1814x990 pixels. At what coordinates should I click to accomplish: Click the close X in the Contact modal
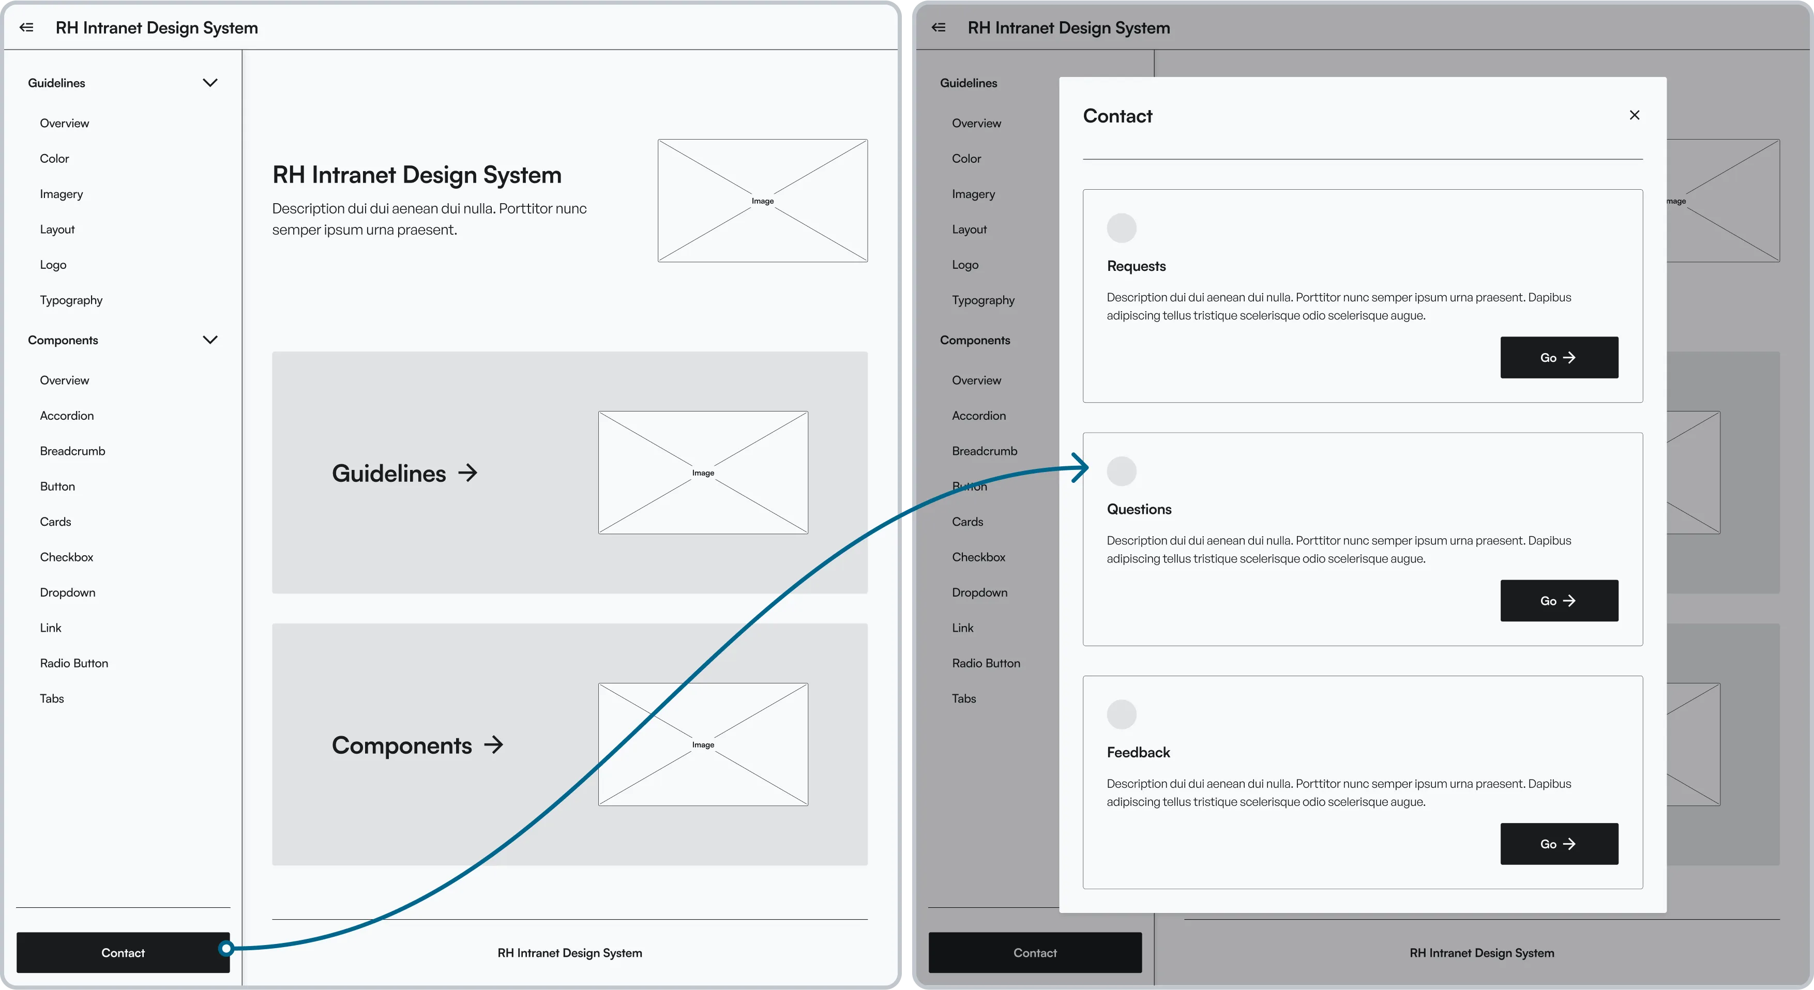click(x=1635, y=115)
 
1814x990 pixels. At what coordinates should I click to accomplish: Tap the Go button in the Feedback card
click(x=1559, y=844)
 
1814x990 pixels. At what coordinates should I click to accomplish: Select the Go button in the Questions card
click(x=1559, y=601)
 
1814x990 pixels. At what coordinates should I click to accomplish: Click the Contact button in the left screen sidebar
click(x=123, y=953)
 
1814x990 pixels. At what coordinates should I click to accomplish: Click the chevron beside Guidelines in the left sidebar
click(x=210, y=82)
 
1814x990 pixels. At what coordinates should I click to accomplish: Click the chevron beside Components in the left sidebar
click(x=210, y=339)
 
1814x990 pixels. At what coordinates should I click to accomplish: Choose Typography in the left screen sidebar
click(x=71, y=300)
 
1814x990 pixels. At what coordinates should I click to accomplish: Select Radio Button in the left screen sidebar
click(x=74, y=663)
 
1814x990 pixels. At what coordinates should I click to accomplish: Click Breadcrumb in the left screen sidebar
click(x=72, y=451)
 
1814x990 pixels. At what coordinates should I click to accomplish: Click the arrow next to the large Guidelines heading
click(x=467, y=473)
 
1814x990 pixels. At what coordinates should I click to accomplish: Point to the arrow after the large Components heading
click(x=494, y=744)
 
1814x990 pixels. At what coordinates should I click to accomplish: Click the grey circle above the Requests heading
click(x=1121, y=228)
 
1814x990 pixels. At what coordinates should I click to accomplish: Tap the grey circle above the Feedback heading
click(x=1121, y=714)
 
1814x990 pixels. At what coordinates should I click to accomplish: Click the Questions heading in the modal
click(x=1139, y=509)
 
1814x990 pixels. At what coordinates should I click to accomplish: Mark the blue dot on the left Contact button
click(x=225, y=949)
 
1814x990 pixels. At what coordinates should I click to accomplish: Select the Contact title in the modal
click(x=1117, y=116)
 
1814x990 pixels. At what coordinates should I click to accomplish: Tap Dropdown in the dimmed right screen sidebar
click(x=979, y=592)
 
